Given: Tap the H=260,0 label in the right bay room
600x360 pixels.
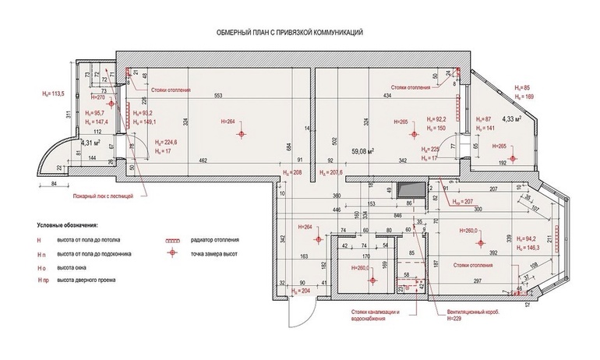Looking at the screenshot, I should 471,231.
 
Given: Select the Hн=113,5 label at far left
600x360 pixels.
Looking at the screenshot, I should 52,94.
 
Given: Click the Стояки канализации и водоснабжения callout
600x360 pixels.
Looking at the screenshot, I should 375,315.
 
